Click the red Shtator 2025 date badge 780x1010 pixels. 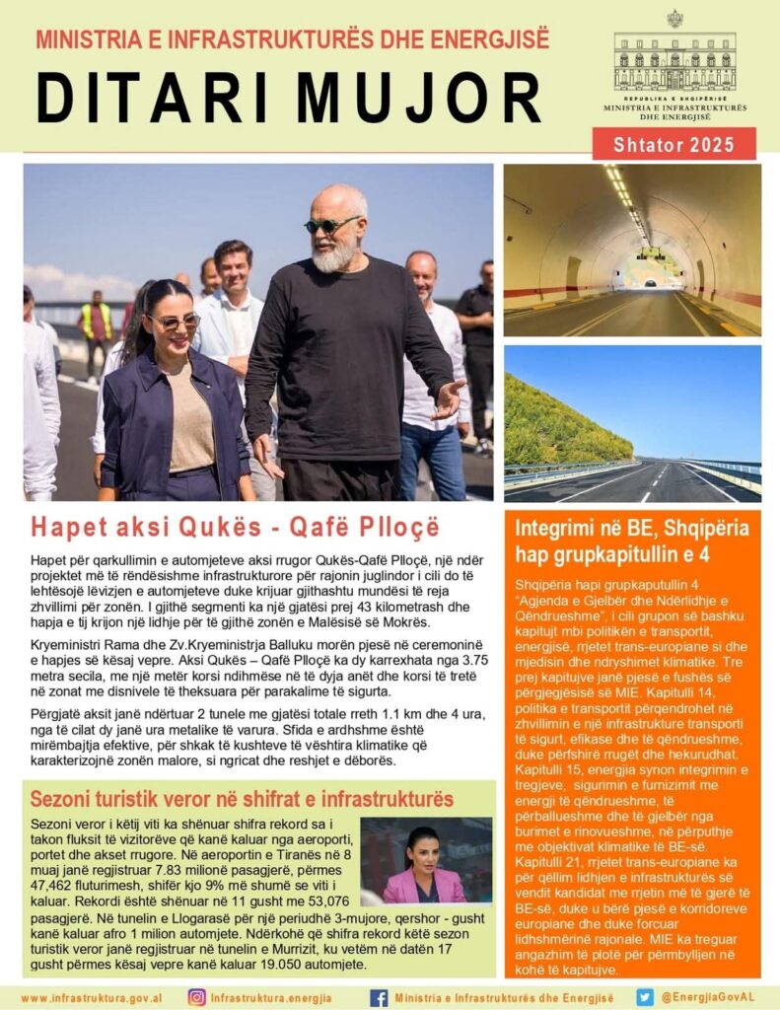tap(674, 144)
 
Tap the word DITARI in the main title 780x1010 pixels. tap(149, 98)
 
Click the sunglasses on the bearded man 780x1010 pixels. tap(331, 226)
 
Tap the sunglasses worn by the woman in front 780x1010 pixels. tap(174, 322)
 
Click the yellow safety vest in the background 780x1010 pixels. tap(96, 320)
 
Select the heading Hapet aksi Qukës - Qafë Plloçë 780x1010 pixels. tap(235, 527)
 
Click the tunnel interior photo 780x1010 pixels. tap(632, 250)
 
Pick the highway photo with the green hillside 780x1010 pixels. tap(632, 423)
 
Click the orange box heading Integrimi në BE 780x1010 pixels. tap(632, 541)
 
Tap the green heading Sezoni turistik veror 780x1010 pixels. tap(242, 799)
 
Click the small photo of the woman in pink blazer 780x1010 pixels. tap(425, 861)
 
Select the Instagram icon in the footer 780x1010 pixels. tap(197, 997)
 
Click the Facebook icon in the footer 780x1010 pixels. tap(379, 997)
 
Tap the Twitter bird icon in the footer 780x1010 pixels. tap(645, 997)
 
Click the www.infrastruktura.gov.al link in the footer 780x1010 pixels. tap(92, 998)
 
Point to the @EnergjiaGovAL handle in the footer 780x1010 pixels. tap(708, 997)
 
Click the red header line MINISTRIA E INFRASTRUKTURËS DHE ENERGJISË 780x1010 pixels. tap(292, 40)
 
